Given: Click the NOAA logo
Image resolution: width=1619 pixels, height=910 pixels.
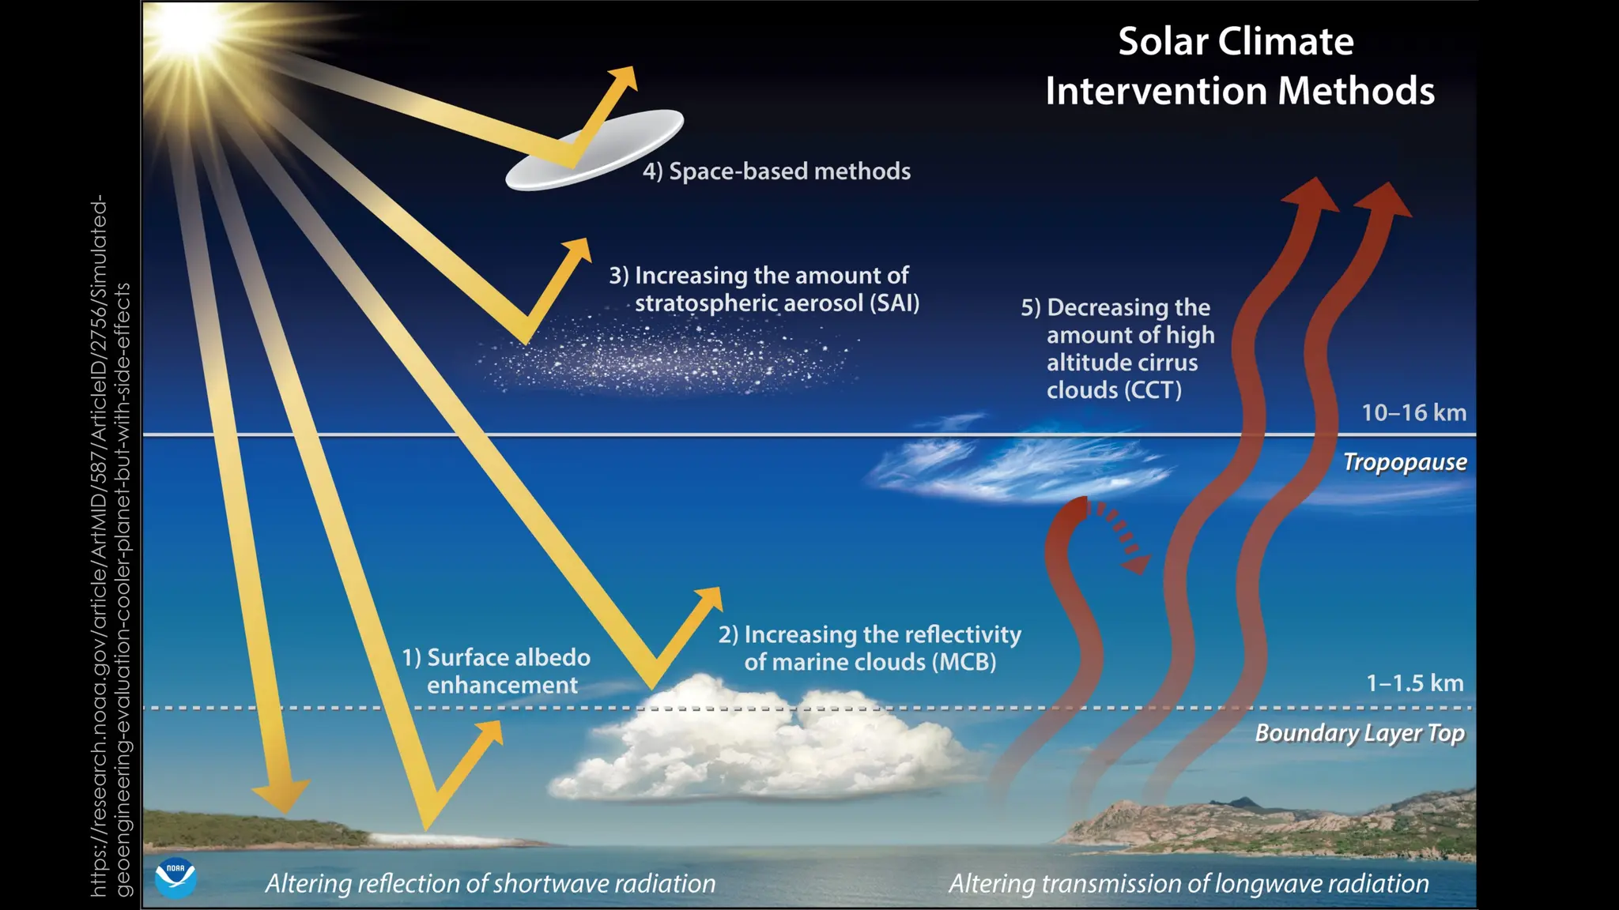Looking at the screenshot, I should click(x=175, y=878).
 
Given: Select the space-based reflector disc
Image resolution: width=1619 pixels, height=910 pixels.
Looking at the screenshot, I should click(x=594, y=149).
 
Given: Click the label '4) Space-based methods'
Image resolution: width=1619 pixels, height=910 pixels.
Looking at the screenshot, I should click(x=776, y=171).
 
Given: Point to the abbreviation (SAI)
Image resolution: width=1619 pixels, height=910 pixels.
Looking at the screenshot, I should click(x=894, y=303).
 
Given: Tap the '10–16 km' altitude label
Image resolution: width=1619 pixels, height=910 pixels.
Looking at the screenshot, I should click(x=1413, y=412).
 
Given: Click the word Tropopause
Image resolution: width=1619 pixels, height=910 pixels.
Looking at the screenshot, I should click(x=1405, y=462).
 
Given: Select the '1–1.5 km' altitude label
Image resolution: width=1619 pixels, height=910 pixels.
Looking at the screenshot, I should click(x=1415, y=683).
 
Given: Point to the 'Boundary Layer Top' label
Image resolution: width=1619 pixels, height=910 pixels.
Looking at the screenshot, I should click(x=1360, y=733).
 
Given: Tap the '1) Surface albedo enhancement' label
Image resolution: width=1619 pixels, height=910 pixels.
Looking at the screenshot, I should click(x=497, y=671).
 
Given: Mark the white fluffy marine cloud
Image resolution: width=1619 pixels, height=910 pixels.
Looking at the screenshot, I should click(x=759, y=743).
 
